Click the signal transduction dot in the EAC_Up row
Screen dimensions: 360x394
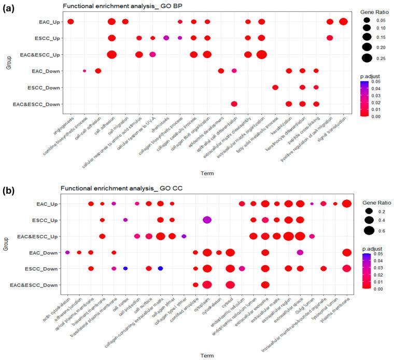click(343, 21)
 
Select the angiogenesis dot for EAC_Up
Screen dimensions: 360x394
click(71, 21)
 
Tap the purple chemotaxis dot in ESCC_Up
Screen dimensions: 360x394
click(166, 38)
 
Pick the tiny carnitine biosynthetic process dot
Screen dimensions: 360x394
click(85, 71)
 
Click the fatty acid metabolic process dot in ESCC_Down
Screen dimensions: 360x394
click(275, 87)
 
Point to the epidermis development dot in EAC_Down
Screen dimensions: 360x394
click(221, 71)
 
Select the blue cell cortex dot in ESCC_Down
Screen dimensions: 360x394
click(125, 268)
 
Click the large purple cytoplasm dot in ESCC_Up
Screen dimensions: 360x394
click(207, 220)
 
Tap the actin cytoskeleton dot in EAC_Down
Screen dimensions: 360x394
click(67, 252)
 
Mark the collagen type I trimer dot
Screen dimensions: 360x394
click(184, 236)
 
